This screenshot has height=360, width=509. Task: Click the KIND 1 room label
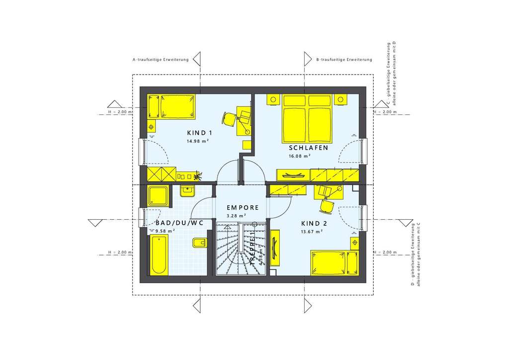199,133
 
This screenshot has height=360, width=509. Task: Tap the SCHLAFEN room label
308,148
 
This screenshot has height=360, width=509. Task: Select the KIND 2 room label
312,223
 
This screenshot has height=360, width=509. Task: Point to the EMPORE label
243,208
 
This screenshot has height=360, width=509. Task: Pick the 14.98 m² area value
197,141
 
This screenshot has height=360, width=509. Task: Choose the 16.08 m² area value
300,156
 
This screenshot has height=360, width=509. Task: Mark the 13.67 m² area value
312,232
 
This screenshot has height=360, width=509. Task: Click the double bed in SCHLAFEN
306,118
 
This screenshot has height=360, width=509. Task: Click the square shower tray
159,195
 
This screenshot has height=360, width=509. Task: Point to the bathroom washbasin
188,190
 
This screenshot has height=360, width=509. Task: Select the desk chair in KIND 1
229,119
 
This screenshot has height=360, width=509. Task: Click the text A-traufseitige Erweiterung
161,60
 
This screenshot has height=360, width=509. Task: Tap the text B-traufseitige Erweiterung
344,60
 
